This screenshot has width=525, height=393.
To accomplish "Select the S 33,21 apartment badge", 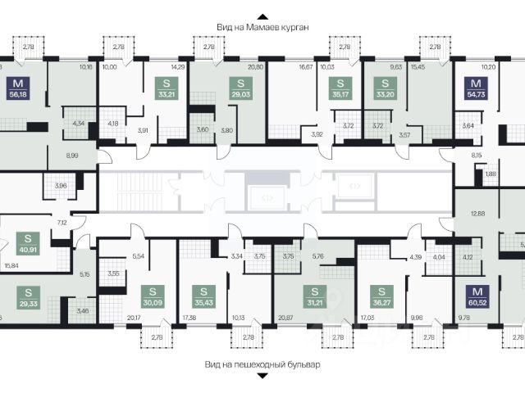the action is coord(167,88).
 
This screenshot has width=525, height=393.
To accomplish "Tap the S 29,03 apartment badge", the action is coord(240,88).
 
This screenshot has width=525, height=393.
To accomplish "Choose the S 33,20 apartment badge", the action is coord(380,88).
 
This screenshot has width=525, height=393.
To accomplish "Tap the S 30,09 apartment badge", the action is coord(152,296).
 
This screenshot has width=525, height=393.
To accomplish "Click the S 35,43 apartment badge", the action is coord(203,296).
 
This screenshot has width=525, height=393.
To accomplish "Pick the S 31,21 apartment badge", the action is coord(313,296).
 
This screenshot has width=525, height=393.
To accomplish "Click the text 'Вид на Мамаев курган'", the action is coord(262,27).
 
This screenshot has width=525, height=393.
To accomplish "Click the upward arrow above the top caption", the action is coord(262,15).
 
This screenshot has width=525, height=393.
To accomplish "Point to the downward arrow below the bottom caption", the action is coord(262,377).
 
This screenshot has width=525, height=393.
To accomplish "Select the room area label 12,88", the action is coord(468,214).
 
